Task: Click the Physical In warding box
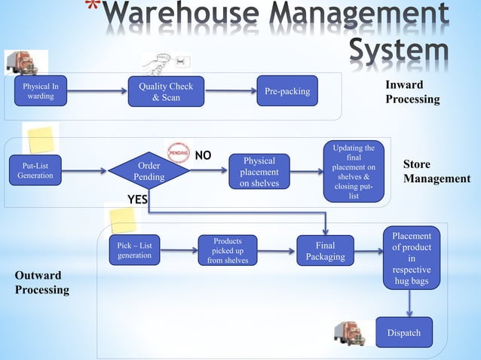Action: pos(35,91)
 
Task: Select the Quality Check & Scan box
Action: pos(166,91)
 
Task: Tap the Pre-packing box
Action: pos(287,91)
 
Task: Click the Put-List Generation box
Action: pos(35,170)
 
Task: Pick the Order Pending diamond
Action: pos(149,171)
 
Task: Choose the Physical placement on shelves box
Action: pos(259,172)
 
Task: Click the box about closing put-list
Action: pos(354,172)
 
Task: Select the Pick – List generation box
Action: pos(134,250)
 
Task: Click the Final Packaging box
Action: pos(325,251)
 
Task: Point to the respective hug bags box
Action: pos(412,258)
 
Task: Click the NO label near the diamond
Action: pos(203,156)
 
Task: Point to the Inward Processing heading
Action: pos(412,92)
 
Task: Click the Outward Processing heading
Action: pos(42,282)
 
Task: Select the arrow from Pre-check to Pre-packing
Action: pos(230,91)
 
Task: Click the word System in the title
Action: pos(400,50)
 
